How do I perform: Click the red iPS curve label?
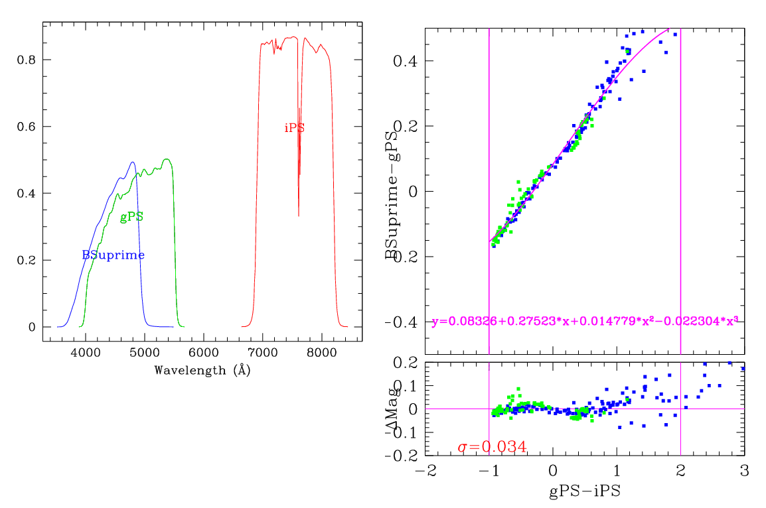(294, 128)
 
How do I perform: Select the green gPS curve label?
(131, 217)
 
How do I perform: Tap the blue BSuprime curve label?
(113, 255)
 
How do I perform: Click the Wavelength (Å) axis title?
(202, 370)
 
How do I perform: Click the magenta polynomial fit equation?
(584, 322)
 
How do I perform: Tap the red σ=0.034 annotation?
(492, 448)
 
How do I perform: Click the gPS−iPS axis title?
(584, 491)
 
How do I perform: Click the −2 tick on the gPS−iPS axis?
(425, 470)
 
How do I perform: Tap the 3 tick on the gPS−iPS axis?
(744, 470)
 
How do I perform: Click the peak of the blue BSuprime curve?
(132, 162)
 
